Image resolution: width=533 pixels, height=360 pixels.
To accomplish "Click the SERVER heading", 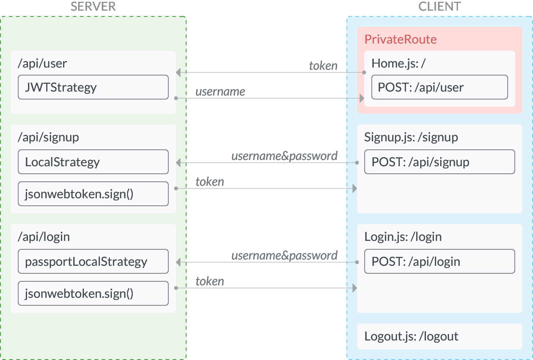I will tap(93, 6).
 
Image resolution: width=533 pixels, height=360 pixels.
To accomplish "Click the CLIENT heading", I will tap(440, 6).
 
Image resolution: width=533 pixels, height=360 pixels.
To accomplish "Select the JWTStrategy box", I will tap(93, 87).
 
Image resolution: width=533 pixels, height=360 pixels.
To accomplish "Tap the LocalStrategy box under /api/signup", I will tap(93, 162).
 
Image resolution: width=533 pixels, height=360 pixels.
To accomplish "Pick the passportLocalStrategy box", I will tap(93, 261).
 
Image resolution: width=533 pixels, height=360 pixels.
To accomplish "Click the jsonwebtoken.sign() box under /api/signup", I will tap(93, 194).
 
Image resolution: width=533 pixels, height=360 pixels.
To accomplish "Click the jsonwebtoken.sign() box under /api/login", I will tap(93, 293).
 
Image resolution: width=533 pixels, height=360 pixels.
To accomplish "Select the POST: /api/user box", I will tap(439, 87).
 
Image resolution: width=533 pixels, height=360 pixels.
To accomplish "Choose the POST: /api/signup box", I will tap(439, 162).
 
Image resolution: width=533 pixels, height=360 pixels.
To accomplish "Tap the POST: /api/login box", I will tap(439, 261).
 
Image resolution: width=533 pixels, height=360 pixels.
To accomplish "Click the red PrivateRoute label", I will tap(400, 39).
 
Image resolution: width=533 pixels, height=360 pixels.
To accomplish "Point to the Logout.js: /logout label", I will tap(411, 336).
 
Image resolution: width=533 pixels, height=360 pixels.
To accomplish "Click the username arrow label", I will tap(220, 92).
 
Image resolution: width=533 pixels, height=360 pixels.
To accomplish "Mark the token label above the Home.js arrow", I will tap(323, 66).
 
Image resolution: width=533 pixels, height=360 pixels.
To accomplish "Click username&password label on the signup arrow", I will tap(284, 156).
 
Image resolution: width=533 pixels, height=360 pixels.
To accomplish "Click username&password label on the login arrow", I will tap(284, 256).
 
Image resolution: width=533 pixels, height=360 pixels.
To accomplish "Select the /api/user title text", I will tap(42, 63).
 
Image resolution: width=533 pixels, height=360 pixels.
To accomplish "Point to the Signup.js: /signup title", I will tap(411, 137).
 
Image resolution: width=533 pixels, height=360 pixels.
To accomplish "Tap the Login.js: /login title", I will tap(403, 236).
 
